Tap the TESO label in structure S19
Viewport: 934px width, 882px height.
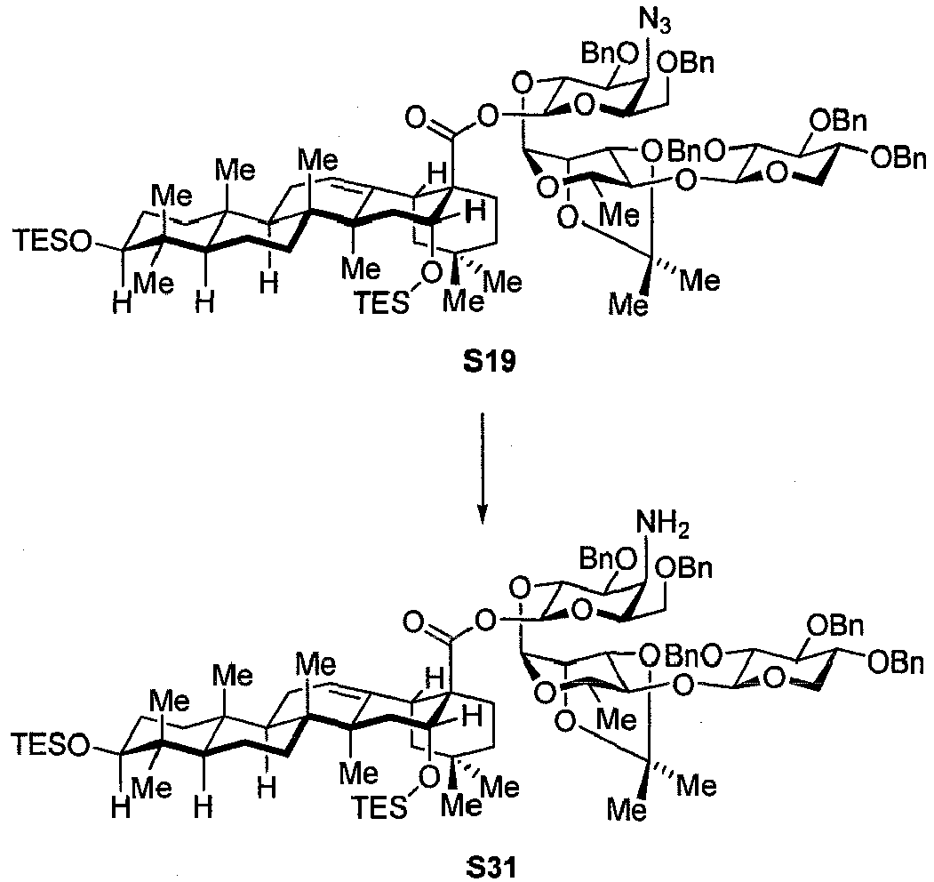pos(53,241)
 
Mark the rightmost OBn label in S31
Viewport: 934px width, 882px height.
pos(897,663)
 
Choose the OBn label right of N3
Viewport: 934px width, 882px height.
pos(686,63)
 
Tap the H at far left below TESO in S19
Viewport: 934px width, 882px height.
pos(122,305)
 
